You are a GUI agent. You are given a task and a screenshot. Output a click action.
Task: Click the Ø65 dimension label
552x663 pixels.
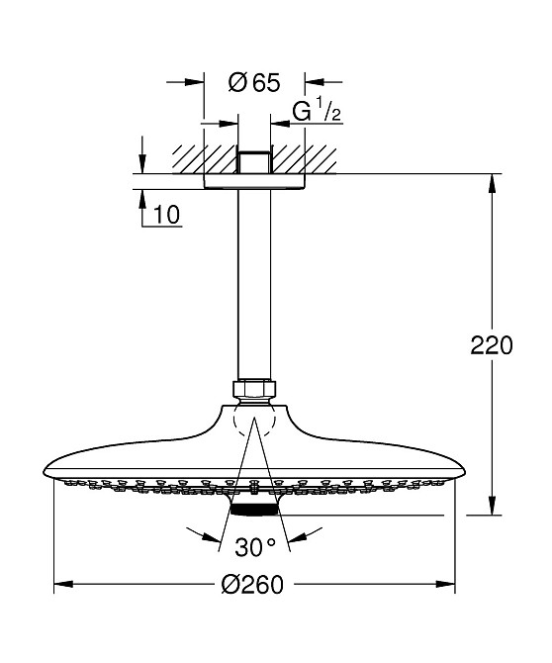coord(254,83)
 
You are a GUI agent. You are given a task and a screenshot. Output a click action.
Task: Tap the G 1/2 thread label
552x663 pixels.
coord(316,112)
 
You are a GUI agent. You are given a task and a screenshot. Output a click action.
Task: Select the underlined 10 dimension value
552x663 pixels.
coord(167,215)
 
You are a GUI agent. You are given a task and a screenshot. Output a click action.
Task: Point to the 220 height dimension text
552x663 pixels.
coord(491,345)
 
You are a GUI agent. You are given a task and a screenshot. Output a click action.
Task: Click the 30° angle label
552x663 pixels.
coord(254,546)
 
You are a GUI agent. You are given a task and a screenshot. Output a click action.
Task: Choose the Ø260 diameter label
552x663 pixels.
coord(253,585)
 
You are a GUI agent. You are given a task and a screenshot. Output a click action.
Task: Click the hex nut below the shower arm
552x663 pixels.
coord(254,390)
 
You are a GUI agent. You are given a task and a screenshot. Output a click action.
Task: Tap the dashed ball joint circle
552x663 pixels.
coord(254,424)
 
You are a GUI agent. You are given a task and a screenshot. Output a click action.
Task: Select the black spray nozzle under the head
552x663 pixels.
coord(254,508)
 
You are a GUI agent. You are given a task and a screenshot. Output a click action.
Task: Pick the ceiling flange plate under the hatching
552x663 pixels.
coord(254,181)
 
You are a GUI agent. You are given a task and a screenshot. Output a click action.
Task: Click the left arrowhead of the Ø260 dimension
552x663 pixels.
coord(59,585)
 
